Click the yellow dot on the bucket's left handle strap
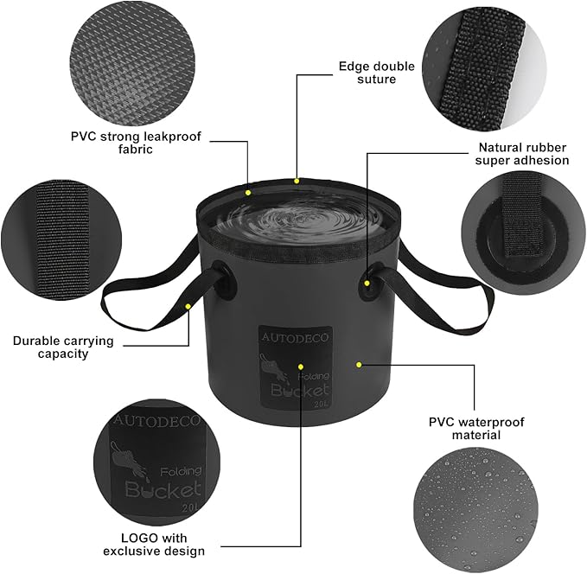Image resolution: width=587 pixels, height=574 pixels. tap(188, 306)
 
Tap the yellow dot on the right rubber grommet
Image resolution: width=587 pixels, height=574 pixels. tap(367, 283)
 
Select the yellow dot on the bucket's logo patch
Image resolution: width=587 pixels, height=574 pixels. tap(301, 367)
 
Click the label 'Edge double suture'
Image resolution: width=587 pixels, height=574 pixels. tap(377, 73)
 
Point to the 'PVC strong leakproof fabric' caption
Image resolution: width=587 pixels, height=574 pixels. tap(136, 143)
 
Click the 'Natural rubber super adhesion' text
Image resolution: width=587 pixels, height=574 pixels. tap(522, 154)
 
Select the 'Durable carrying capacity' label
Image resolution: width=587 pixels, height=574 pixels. tap(63, 348)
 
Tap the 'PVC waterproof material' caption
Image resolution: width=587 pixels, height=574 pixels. tap(476, 429)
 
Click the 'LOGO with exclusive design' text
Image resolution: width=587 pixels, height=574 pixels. tap(154, 545)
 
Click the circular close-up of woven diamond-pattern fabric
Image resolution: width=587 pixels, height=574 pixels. tap(132, 67)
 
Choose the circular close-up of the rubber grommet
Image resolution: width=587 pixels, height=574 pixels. tap(523, 233)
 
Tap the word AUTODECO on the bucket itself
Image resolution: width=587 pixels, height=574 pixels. tap(295, 337)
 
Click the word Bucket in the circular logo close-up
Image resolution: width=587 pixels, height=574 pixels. tap(163, 489)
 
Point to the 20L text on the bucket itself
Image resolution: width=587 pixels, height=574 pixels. tap(322, 404)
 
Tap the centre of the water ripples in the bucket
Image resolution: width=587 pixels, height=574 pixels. tap(292, 216)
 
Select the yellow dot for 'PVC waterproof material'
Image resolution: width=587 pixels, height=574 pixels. tap(359, 365)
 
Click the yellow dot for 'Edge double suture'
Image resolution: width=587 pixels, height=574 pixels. tap(297, 182)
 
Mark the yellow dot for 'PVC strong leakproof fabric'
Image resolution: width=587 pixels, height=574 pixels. tap(248, 193)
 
